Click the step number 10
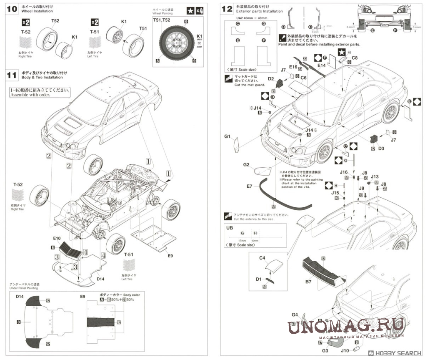[x=13, y=8]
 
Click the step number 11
[x=13, y=75]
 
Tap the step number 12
[x=227, y=8]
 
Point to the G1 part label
[x=227, y=136]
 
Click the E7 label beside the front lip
[x=250, y=186]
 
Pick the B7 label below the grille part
[x=308, y=282]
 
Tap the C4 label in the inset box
[x=262, y=258]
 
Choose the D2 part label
[x=271, y=79]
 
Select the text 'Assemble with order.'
[x=30, y=95]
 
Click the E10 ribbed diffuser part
[x=67, y=250]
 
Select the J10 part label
[x=345, y=351]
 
